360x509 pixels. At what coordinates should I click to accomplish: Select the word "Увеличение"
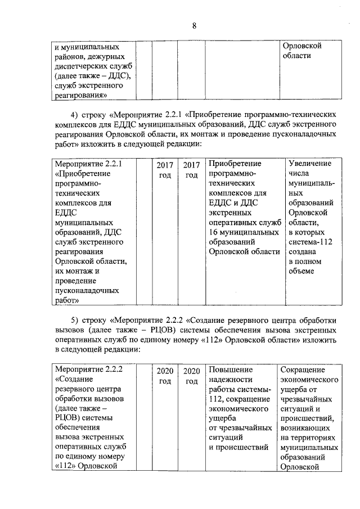(x=310, y=164)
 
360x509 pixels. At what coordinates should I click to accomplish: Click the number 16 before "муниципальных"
(x=213, y=232)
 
